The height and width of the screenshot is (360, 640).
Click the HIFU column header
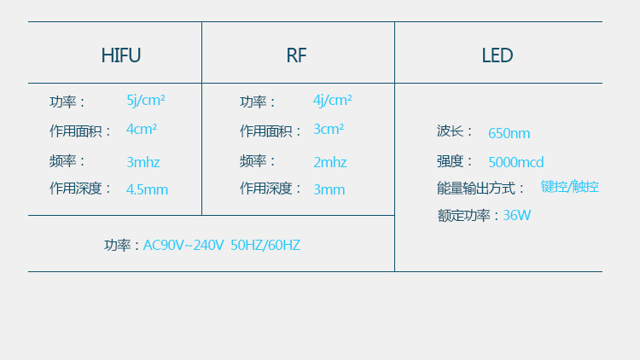(x=120, y=56)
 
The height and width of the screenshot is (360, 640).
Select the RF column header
(x=296, y=56)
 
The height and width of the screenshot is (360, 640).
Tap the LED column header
(x=497, y=56)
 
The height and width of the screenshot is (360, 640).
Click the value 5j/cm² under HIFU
(x=146, y=100)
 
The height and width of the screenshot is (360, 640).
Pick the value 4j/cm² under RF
(x=332, y=100)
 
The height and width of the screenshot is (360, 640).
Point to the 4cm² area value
(x=142, y=130)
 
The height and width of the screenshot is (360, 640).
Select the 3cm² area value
(x=329, y=130)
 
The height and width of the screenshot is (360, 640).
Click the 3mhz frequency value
(x=143, y=162)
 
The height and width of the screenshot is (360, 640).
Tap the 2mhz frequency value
(x=330, y=162)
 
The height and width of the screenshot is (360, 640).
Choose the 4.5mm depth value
(x=147, y=189)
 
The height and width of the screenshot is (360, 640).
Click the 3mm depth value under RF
(x=329, y=189)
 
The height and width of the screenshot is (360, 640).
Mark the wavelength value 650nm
(x=509, y=133)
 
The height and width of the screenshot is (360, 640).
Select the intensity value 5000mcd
(x=516, y=162)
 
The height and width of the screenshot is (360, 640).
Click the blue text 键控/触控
(x=569, y=187)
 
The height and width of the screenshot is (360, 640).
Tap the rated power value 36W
(x=517, y=215)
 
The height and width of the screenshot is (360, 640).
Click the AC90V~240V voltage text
(x=183, y=246)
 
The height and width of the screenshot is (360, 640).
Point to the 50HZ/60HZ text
(x=265, y=246)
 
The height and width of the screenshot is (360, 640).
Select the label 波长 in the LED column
(x=451, y=131)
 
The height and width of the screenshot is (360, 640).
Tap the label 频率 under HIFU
(x=64, y=161)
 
